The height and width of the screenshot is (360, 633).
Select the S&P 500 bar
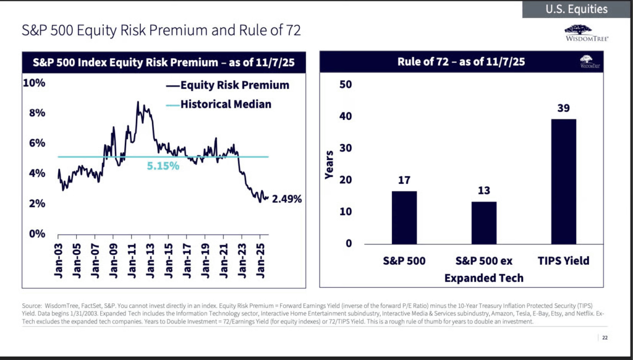point(404,217)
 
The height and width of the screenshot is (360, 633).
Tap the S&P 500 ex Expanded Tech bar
point(483,222)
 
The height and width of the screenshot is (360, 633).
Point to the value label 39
point(563,108)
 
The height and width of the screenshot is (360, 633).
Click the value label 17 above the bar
point(404,181)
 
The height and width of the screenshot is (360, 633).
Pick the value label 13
point(483,191)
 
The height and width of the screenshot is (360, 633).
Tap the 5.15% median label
point(163,166)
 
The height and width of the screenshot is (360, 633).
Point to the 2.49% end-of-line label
point(287,199)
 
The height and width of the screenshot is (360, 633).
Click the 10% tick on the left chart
point(34,83)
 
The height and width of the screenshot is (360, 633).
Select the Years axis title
point(329,165)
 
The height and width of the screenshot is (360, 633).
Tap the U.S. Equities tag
point(576,9)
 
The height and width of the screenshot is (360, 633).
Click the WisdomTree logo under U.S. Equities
point(587,33)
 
